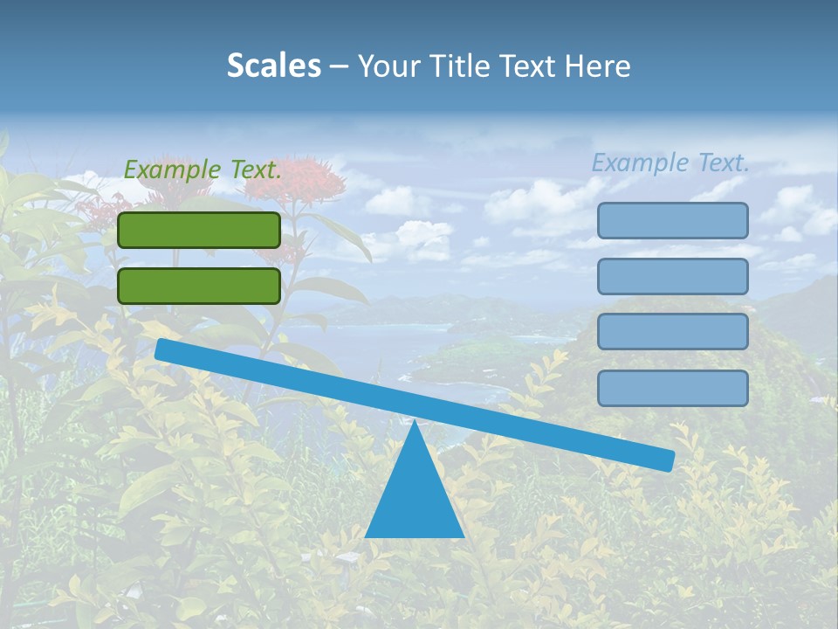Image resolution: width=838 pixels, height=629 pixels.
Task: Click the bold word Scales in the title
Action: pyautogui.click(x=273, y=66)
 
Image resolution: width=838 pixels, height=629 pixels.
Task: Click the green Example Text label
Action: pyautogui.click(x=203, y=169)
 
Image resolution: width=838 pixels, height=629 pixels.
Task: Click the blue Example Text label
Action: pyautogui.click(x=670, y=162)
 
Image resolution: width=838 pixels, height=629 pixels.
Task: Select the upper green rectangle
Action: pyautogui.click(x=199, y=230)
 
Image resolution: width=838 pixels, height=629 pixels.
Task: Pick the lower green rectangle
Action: pyautogui.click(x=199, y=286)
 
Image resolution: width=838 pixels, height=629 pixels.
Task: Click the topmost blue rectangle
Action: pyautogui.click(x=672, y=220)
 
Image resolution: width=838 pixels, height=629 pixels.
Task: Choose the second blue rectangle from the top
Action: pyautogui.click(x=672, y=276)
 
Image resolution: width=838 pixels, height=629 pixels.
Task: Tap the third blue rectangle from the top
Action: pyautogui.click(x=672, y=332)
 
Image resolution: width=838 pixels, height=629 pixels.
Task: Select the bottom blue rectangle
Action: pyautogui.click(x=672, y=388)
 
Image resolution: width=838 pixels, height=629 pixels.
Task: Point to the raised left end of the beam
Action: pyautogui.click(x=162, y=349)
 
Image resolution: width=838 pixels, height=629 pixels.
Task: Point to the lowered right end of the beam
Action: pyautogui.click(x=667, y=460)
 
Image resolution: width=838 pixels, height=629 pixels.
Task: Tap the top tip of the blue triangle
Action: pyautogui.click(x=415, y=422)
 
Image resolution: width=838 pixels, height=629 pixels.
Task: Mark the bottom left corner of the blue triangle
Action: pyautogui.click(x=366, y=536)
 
